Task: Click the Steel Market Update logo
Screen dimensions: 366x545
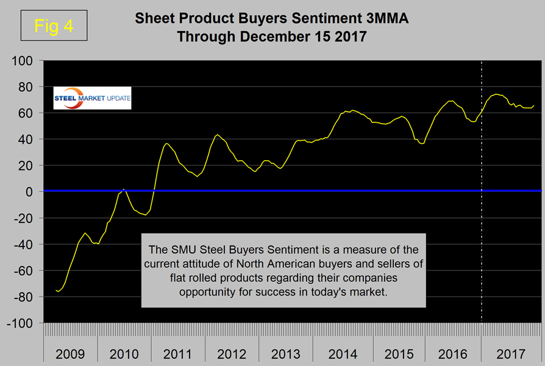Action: point(92,100)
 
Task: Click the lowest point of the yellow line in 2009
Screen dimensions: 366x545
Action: point(58,292)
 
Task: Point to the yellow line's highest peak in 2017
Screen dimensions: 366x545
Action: point(496,94)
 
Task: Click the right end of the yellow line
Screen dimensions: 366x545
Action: point(534,105)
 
